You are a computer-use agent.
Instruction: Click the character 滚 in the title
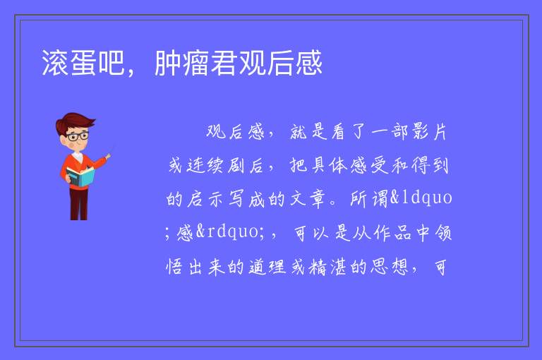pos(55,63)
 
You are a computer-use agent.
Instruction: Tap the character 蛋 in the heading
pos(83,63)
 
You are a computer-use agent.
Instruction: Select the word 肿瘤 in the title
pos(182,63)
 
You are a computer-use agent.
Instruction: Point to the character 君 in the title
pos(224,63)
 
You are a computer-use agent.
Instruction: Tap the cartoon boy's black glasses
pos(78,136)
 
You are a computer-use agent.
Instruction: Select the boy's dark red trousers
pos(79,204)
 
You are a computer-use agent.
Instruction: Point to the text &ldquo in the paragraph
pos(421,198)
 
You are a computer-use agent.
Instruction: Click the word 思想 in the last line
pos(390,267)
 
